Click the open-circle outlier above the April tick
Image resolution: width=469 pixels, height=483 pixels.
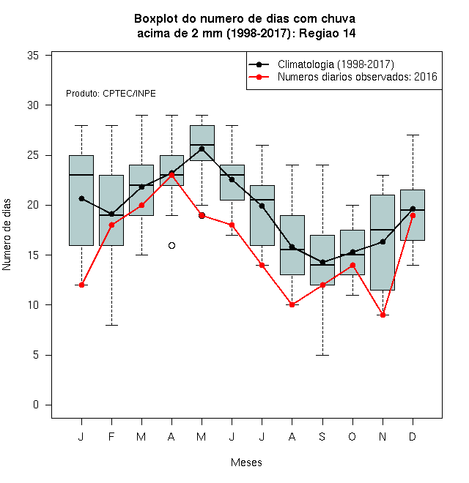pos(172,245)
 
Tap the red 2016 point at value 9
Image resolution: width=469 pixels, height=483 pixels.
pos(383,315)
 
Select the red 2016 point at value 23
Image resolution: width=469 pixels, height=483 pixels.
pos(172,175)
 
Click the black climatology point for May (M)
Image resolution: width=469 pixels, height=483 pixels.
pos(202,149)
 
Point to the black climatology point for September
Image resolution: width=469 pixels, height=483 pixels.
pos(322,263)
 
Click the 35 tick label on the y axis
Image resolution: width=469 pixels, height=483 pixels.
pos(33,56)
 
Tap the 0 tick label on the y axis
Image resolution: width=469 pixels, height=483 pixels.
pos(36,405)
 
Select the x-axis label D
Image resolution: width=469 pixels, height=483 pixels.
pos(413,436)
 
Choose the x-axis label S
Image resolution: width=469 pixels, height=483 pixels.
pos(322,436)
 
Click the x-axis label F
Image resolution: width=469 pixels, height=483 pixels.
pos(111,436)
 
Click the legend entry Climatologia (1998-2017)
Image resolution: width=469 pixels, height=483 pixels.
pos(336,64)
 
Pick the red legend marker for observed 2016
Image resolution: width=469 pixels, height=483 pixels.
pos(259,77)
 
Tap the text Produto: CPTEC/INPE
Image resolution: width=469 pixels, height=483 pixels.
pos(111,94)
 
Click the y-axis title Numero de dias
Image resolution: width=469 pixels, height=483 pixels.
pos(7,235)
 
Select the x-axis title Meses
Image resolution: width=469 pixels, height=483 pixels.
pos(246,463)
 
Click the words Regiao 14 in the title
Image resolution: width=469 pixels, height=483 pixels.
pos(328,33)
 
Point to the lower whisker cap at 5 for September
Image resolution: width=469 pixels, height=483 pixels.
pos(322,355)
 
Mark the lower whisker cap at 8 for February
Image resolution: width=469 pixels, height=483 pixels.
pos(111,325)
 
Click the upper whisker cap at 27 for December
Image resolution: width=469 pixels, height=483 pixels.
pos(413,135)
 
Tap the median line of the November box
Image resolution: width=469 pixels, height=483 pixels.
pos(383,230)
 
